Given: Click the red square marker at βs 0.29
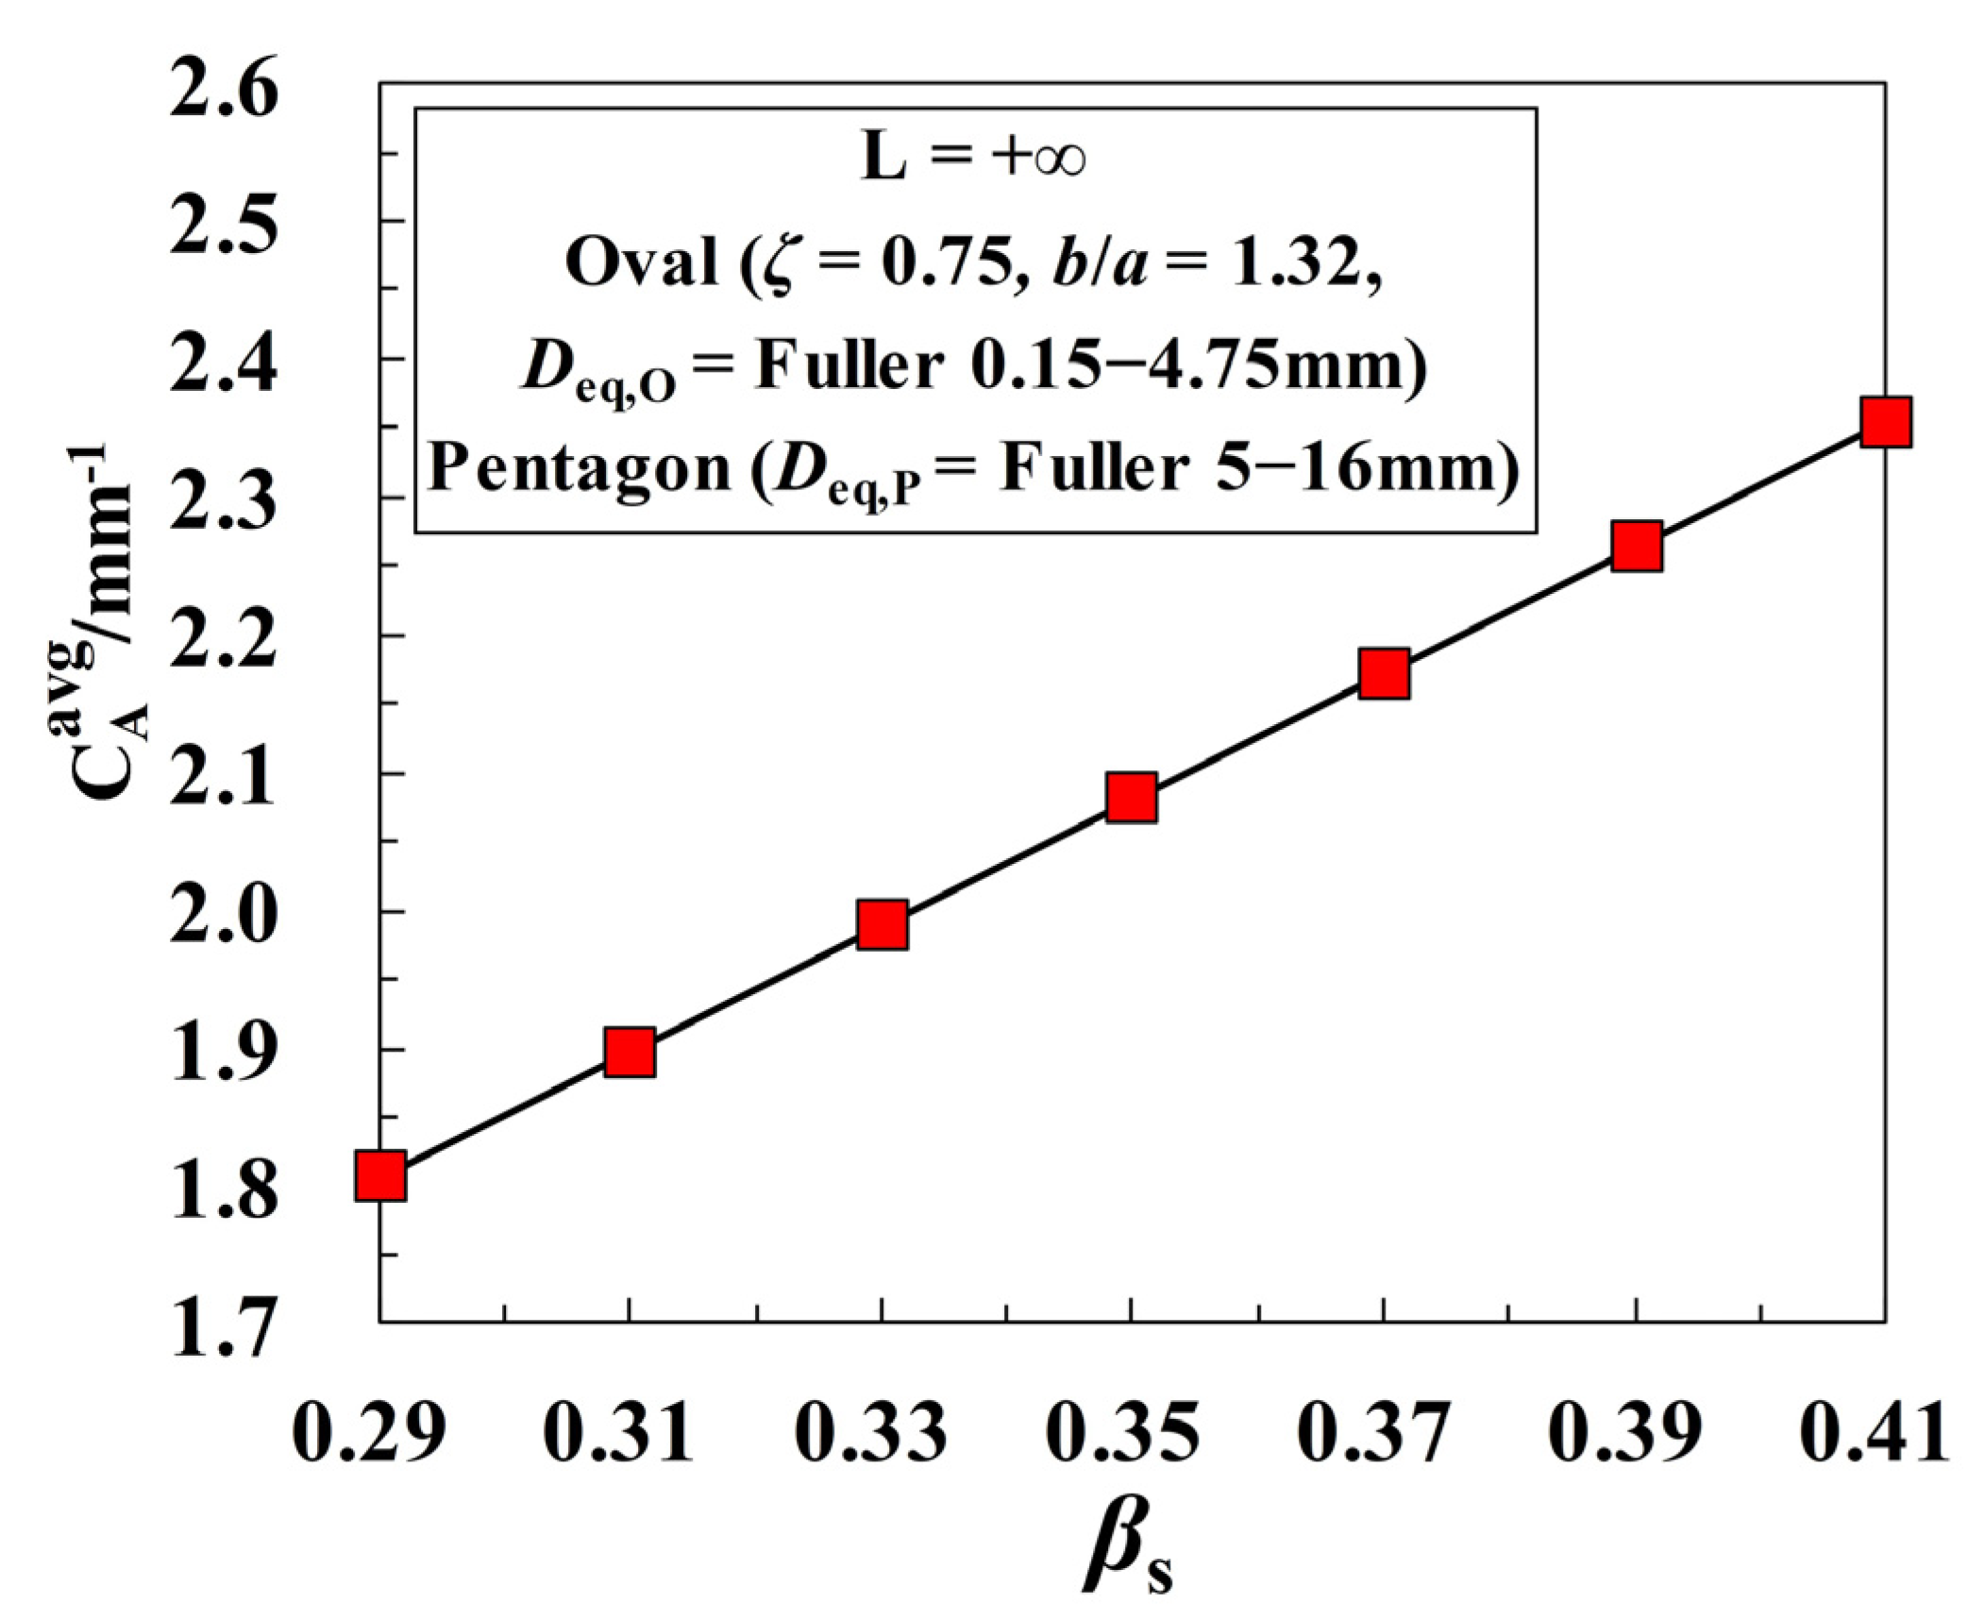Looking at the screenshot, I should (380, 1175).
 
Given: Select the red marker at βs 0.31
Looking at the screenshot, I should (630, 1052).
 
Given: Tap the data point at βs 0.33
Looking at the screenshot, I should (883, 924).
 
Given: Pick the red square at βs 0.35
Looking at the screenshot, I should (1131, 797).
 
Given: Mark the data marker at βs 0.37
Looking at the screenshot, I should (1384, 673).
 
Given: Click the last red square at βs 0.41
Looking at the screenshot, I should (1886, 421).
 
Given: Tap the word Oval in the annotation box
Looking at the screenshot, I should (642, 262).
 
